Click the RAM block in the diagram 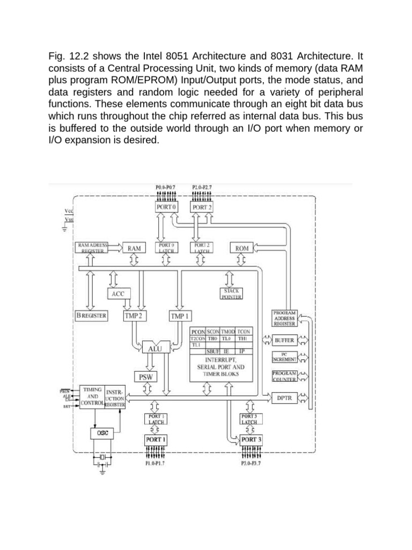point(134,248)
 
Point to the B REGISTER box point(92,316)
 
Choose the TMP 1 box point(180,316)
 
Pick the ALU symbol point(151,349)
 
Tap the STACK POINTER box point(232,293)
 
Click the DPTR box point(284,398)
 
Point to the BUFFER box point(284,341)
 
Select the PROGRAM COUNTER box point(284,375)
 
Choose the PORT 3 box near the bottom point(252,440)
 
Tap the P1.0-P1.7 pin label point(155,463)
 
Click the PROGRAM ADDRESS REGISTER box point(284,319)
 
